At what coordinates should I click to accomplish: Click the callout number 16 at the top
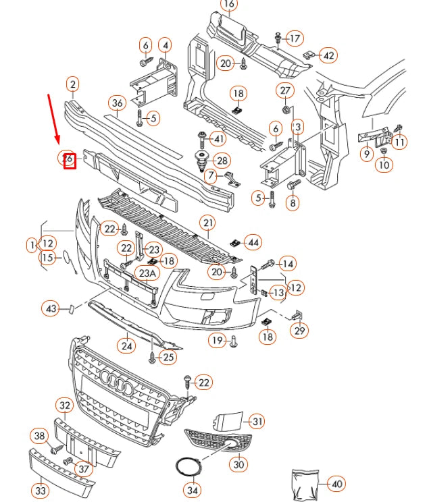click(229, 5)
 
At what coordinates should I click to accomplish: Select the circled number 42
click(328, 55)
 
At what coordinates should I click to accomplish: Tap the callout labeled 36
click(118, 103)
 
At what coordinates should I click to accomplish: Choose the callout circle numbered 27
click(285, 91)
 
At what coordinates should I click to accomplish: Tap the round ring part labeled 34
click(184, 467)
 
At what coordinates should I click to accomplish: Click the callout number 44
click(253, 242)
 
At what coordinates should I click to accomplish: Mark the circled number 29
click(299, 331)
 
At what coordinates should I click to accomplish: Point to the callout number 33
click(41, 491)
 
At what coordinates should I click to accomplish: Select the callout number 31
click(256, 422)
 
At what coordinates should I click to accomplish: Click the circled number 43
click(51, 309)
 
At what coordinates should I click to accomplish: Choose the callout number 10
click(384, 165)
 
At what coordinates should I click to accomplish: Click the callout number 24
click(127, 345)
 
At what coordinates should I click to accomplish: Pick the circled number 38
click(40, 436)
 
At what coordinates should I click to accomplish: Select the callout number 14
click(287, 263)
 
